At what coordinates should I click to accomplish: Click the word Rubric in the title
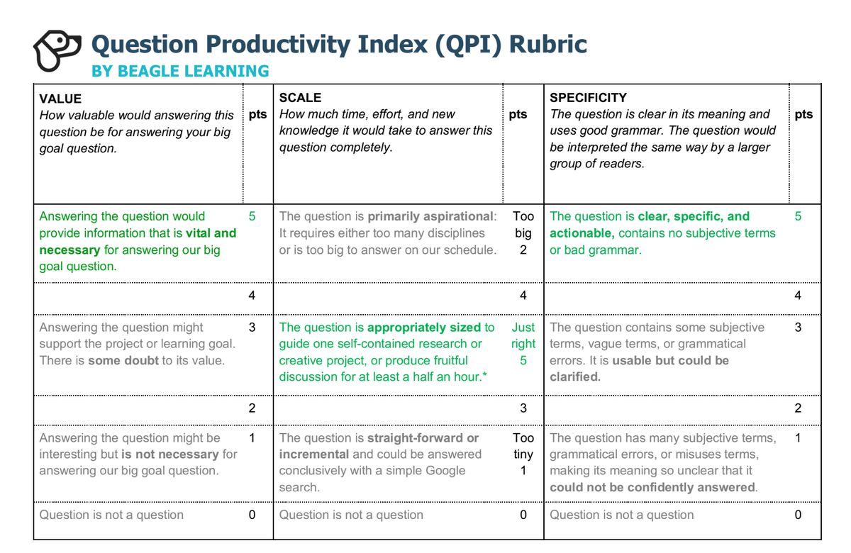coord(549,44)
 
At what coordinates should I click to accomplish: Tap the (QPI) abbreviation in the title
coord(465,44)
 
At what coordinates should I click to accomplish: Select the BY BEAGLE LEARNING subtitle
coord(180,71)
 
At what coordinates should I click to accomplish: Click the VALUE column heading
coord(60,99)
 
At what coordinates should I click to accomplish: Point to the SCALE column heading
coord(300,98)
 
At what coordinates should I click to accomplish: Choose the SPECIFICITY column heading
coord(588,98)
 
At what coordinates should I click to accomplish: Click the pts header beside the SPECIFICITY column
coord(803,115)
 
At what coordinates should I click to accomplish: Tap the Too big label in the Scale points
coord(523,225)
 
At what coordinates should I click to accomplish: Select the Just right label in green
coord(523,335)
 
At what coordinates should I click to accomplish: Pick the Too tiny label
coord(523,446)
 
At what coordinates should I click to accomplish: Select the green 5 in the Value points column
coord(252,217)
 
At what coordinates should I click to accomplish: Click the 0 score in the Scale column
coord(523,515)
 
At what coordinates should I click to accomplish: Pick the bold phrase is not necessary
coord(170,454)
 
